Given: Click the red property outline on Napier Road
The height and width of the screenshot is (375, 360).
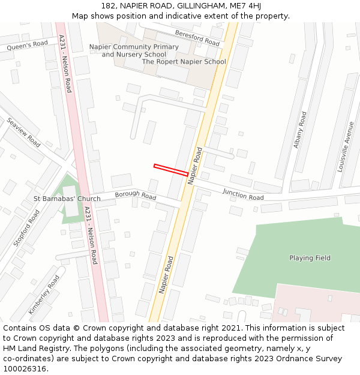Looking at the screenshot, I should point(171,170).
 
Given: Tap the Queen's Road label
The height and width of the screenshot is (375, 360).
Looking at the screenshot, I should point(28,46).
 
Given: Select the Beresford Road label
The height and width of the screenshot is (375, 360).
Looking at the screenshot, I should point(197,38).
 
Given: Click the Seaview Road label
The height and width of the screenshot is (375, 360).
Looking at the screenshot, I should point(23,132).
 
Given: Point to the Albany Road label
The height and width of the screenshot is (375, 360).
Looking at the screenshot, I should point(300,130).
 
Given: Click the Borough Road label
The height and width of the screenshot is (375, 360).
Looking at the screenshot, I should point(136,195).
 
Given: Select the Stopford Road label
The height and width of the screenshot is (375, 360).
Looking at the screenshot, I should point(26,228).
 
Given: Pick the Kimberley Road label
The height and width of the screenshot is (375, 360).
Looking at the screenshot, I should point(44,294).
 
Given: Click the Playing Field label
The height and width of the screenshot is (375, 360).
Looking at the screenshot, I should point(310,258).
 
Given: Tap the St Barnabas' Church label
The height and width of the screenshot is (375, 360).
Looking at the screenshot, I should point(67,199).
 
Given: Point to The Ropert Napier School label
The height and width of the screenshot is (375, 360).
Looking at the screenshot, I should point(184,62).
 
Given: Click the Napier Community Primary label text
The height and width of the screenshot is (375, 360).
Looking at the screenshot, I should point(134,47).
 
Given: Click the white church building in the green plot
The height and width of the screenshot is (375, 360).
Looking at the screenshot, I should point(71,202).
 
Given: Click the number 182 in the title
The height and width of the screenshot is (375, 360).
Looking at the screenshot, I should point(109,5).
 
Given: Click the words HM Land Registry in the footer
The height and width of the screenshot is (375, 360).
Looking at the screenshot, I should point(31,349).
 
